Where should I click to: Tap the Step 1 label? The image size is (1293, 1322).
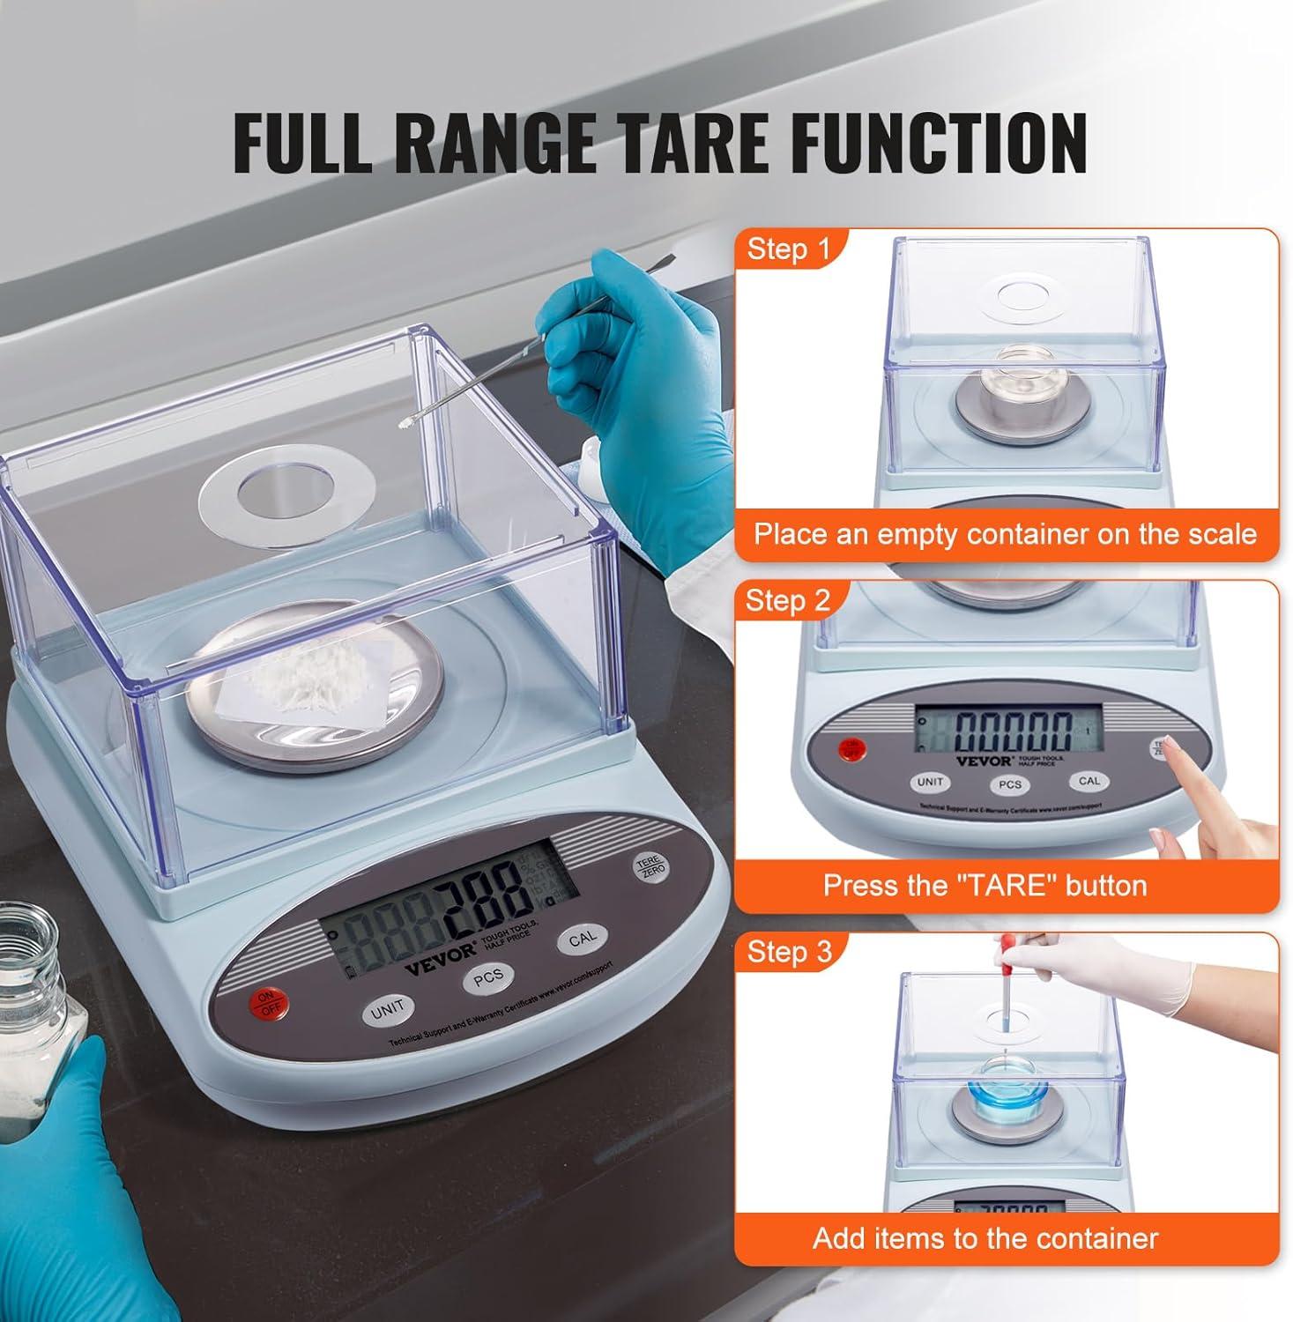789,249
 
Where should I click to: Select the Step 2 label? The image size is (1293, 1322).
787,600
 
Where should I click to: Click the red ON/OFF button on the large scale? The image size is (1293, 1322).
266,1004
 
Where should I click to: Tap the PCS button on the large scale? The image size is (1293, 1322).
487,977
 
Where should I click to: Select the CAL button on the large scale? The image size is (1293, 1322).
582,940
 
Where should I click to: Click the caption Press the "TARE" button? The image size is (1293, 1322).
985,885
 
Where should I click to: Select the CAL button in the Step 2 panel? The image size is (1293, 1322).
1089,781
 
